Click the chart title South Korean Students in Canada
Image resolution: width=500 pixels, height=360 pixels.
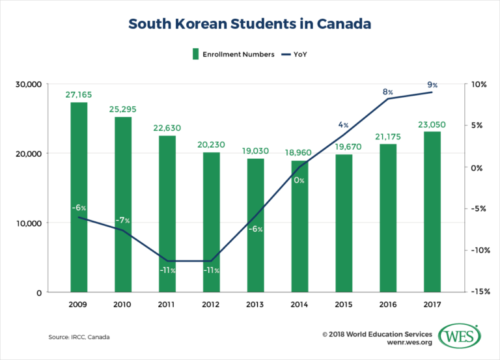point(250,23)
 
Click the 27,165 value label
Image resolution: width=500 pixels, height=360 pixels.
point(78,94)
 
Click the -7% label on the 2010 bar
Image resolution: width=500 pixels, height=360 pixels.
point(122,220)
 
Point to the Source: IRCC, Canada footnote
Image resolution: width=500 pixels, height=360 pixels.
point(79,337)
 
